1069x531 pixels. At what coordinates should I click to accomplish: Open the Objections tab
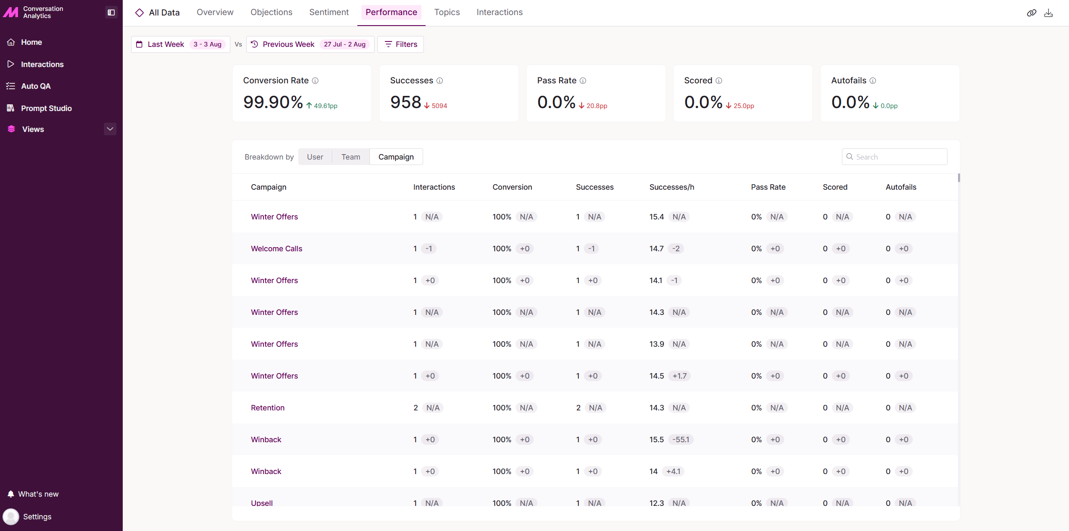(x=271, y=12)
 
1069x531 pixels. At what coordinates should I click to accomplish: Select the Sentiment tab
(x=329, y=12)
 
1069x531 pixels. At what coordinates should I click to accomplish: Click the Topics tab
(x=447, y=12)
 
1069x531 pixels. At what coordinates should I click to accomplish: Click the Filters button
(x=400, y=44)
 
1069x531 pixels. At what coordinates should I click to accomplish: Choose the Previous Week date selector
(x=310, y=44)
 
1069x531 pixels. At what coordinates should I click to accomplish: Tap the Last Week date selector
(x=181, y=44)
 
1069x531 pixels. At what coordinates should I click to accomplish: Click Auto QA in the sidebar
(x=36, y=86)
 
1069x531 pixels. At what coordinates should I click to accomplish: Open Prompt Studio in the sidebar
(x=46, y=108)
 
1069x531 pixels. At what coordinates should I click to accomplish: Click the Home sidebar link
(x=31, y=42)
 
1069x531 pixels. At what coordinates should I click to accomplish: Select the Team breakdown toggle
(x=351, y=157)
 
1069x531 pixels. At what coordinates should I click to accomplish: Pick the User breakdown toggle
(x=315, y=157)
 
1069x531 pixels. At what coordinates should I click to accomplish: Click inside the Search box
(x=894, y=157)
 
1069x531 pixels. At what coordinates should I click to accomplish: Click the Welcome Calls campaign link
(x=276, y=249)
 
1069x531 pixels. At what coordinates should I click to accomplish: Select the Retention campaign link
(x=268, y=408)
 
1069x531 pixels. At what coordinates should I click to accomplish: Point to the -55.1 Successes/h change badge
(x=681, y=440)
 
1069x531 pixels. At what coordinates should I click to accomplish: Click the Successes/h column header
(x=672, y=187)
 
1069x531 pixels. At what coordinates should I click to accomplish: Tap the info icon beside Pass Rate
(x=583, y=81)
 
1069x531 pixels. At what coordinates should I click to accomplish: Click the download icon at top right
(x=1048, y=13)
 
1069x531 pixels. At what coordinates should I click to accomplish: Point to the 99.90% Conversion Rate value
(x=273, y=102)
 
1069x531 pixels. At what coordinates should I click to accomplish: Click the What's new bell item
(x=33, y=494)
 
